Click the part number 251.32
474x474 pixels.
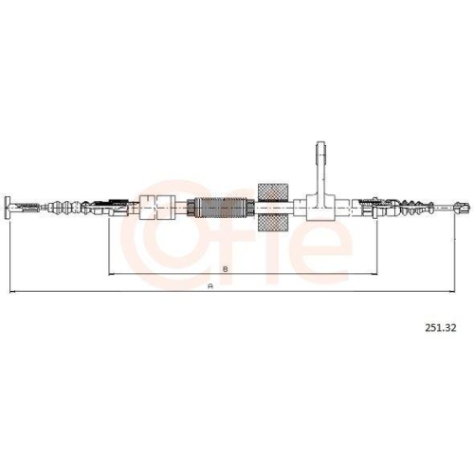tap(441, 328)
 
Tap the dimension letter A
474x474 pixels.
tap(210, 286)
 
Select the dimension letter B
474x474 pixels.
tap(226, 269)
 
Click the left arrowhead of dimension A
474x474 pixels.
tap(12, 292)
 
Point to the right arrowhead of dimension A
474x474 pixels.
tap(452, 292)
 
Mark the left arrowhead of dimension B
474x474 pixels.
tap(112, 274)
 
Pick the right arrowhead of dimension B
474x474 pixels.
tap(374, 274)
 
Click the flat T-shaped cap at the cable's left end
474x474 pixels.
tap(9, 207)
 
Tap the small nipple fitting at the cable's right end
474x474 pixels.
tap(462, 207)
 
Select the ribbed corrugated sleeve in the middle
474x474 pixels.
tap(221, 208)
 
